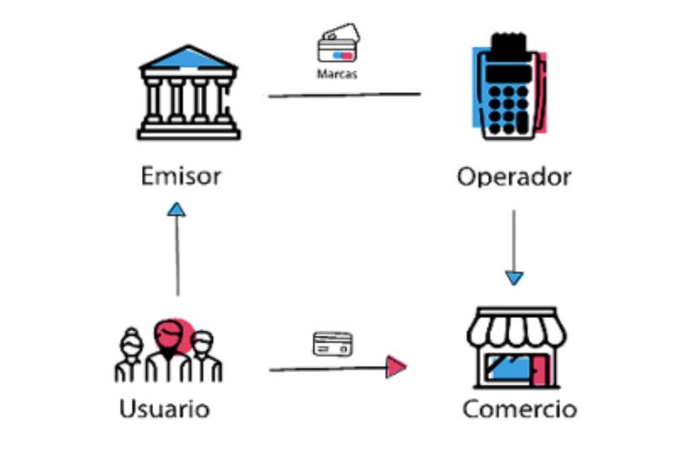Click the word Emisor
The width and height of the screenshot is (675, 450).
coord(181,176)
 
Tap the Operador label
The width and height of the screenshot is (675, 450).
coord(514,177)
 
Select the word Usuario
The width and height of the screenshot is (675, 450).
coord(165,409)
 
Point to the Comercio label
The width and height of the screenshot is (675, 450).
coord(520,409)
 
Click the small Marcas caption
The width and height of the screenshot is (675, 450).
coord(337,74)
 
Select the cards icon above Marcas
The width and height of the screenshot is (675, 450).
coord(337,46)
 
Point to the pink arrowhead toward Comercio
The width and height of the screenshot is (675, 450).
coord(396,366)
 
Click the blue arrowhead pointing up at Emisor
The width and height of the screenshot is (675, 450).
coord(176,209)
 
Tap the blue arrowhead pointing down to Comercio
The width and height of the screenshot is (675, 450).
coord(515,277)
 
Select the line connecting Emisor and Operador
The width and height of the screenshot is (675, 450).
coord(344,95)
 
